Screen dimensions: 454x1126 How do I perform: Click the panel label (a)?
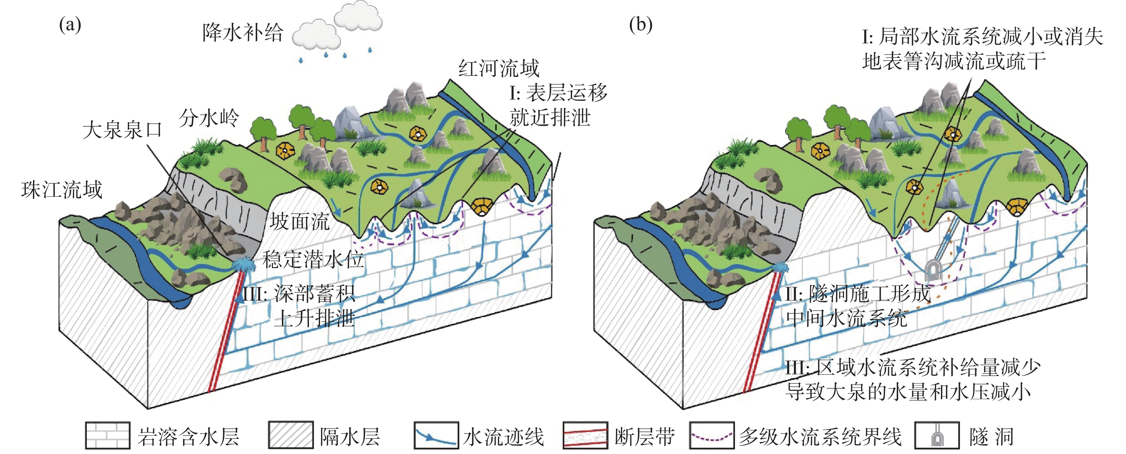[70, 25]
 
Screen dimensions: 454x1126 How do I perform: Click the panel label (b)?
[640, 25]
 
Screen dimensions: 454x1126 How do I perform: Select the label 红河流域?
[499, 69]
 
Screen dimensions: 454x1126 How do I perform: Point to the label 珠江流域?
[62, 190]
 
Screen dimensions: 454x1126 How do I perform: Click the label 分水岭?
[209, 118]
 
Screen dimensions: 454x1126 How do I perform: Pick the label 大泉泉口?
[122, 130]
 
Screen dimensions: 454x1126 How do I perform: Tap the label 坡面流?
[300, 222]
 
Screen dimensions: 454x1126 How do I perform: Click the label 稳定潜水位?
[313, 260]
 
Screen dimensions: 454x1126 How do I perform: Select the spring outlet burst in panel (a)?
[243, 265]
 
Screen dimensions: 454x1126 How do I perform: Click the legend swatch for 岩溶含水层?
[108, 435]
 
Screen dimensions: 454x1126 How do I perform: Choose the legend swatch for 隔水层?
[291, 435]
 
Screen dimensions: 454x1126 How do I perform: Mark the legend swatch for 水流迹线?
[436, 435]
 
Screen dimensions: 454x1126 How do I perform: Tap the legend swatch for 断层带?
[585, 435]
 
